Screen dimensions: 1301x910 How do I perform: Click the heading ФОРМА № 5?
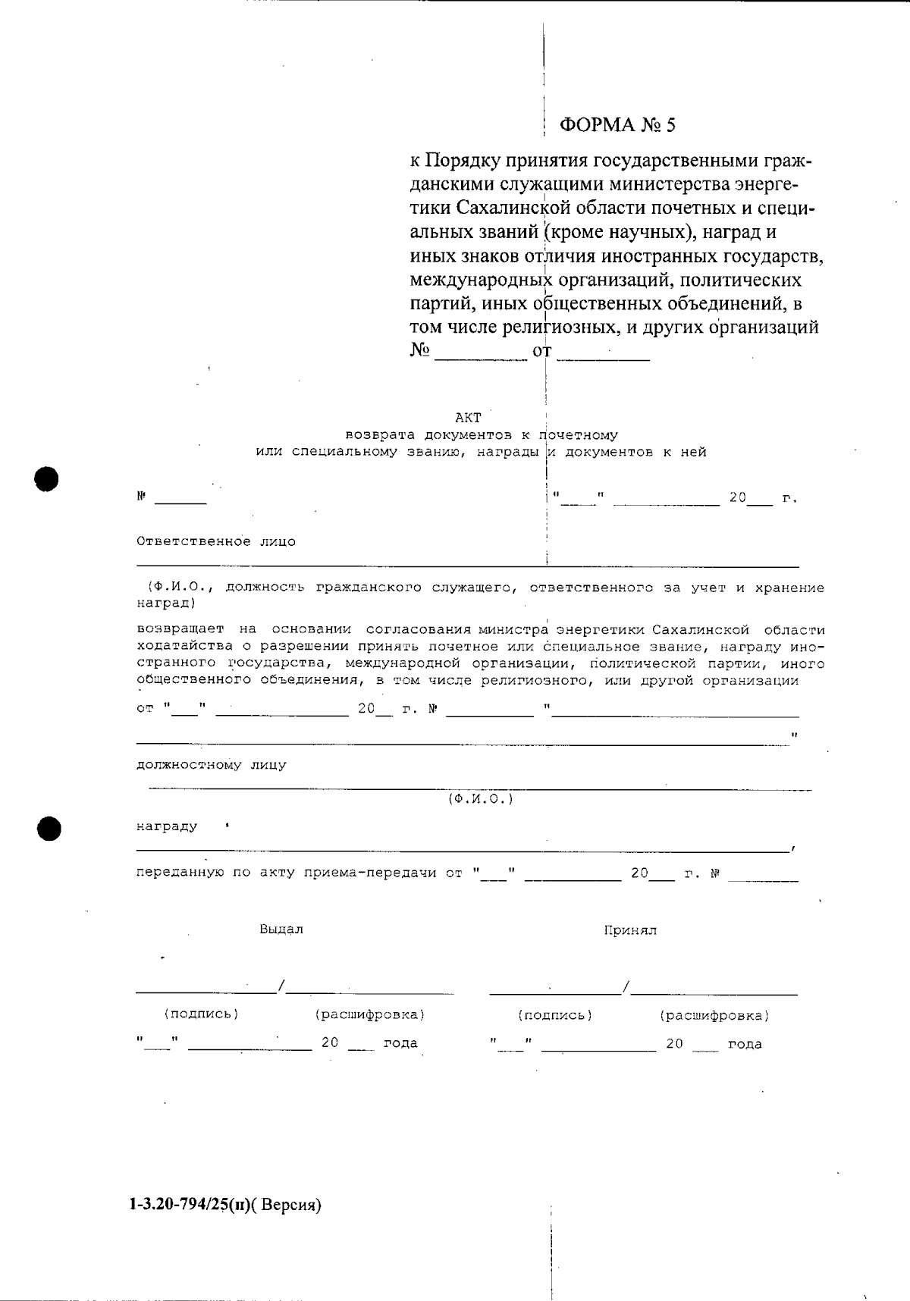[x=617, y=124]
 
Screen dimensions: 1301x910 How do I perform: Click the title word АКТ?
[x=468, y=418]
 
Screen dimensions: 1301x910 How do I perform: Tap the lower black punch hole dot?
[x=49, y=829]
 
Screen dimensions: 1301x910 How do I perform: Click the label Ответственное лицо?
[x=216, y=542]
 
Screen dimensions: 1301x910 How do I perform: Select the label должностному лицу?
[x=212, y=765]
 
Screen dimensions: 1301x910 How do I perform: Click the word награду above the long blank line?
[x=167, y=826]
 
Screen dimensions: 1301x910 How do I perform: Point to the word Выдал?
[x=281, y=930]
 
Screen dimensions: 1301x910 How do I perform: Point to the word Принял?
[x=630, y=930]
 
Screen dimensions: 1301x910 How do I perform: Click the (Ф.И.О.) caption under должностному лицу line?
[x=480, y=800]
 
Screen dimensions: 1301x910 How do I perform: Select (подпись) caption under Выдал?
[x=201, y=1014]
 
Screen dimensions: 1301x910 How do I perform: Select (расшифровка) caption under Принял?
[x=714, y=1015]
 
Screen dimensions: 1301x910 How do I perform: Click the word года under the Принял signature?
[x=745, y=1044]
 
